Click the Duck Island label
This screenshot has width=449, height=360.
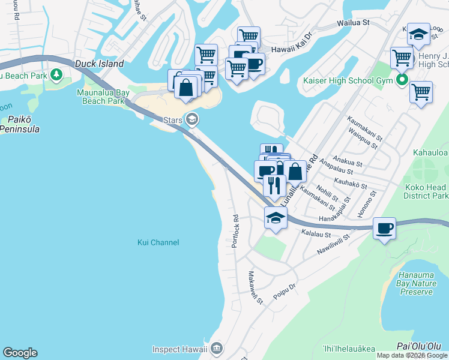tap(99, 64)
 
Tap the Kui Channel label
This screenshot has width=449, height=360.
tap(158, 242)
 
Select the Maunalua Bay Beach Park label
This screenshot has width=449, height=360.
tap(101, 97)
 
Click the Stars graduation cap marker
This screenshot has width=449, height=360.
tap(192, 119)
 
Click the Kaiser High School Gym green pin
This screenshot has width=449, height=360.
tap(403, 79)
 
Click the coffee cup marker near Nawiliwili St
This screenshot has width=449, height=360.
tap(384, 229)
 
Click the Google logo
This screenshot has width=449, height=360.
tap(20, 353)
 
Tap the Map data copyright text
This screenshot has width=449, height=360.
tap(412, 355)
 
